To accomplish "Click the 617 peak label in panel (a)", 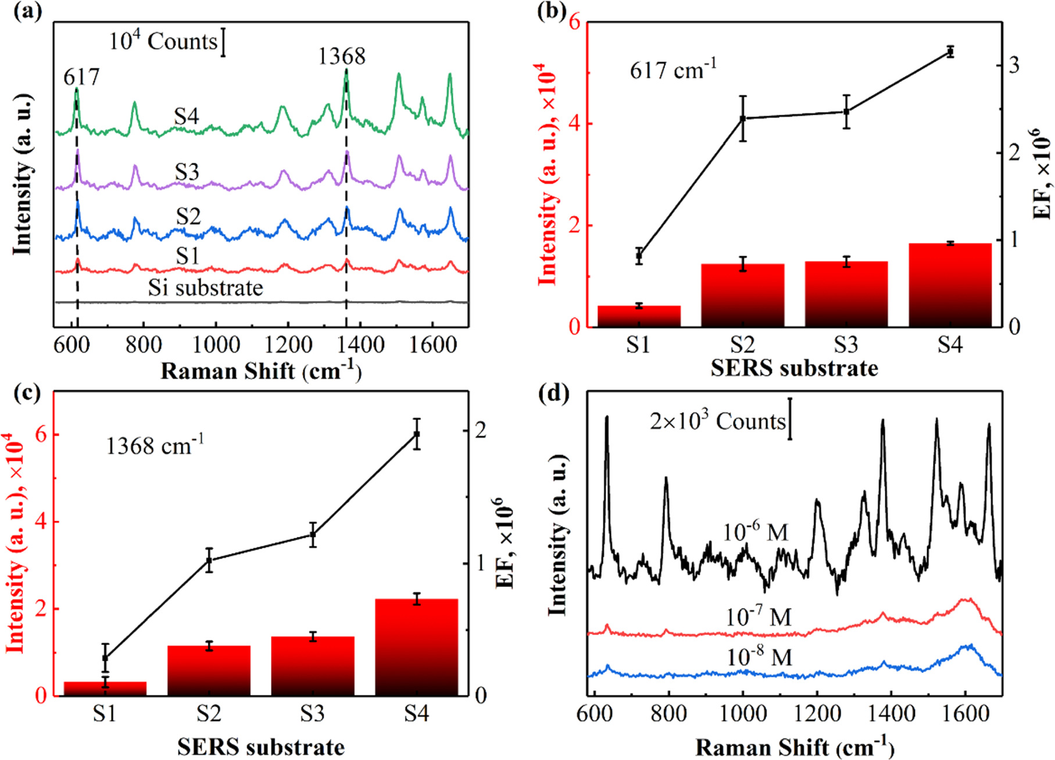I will click(81, 77).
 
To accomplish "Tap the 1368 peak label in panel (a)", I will click(342, 57).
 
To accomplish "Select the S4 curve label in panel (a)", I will click(187, 117).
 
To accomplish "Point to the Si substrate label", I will click(205, 288).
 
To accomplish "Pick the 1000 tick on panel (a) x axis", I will click(216, 345).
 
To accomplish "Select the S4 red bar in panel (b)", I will click(950, 285).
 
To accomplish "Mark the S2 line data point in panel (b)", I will click(743, 119).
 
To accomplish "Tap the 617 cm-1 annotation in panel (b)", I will click(673, 71).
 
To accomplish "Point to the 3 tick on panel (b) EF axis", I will click(1014, 65).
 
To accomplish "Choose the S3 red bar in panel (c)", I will click(313, 666).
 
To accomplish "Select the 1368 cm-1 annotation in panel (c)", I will click(155, 446).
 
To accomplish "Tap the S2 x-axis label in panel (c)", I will click(209, 713).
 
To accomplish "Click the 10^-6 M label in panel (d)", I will click(756, 532).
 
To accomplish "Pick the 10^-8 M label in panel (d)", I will click(759, 657).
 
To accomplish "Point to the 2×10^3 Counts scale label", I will click(717, 421).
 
